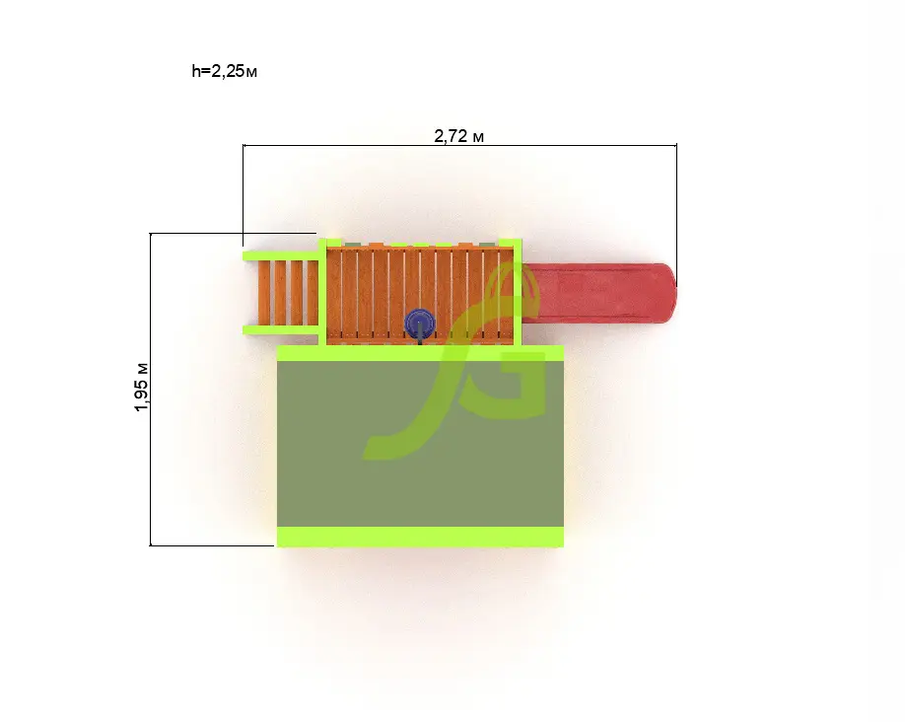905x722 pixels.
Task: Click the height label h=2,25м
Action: point(225,71)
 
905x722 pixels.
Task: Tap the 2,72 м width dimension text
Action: point(458,136)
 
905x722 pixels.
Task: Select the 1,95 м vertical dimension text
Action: point(141,387)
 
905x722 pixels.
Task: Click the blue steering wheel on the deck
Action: point(420,324)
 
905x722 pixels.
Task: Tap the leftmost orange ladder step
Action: point(264,293)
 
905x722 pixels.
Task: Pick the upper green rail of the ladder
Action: point(281,255)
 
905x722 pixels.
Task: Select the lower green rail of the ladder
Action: point(281,329)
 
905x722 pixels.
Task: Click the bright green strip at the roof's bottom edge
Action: point(420,537)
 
